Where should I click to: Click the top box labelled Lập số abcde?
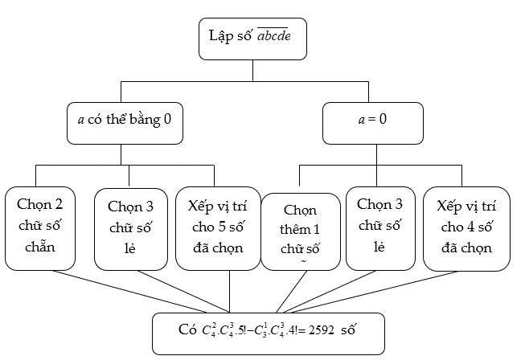coord(252,39)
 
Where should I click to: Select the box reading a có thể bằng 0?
coord(120,124)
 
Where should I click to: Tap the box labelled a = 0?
coord(372,124)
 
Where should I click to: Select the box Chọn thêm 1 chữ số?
coord(299,229)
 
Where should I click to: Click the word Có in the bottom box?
coord(187,330)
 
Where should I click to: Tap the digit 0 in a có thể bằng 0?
coord(167,124)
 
